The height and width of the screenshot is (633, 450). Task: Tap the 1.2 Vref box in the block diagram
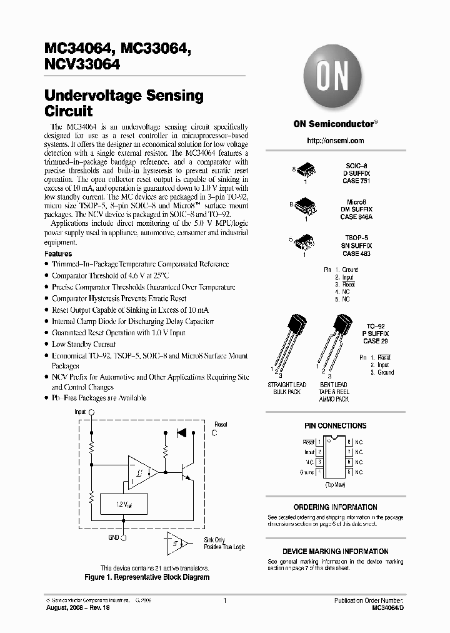124,504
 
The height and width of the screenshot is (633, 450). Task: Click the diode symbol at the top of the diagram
182,432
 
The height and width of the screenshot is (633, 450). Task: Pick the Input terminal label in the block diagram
81,412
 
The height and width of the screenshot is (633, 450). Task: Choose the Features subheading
58,254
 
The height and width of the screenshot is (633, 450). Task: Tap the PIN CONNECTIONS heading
335,426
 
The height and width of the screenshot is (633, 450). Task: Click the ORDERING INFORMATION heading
335,507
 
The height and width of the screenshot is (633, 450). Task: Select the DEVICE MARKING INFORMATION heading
335,552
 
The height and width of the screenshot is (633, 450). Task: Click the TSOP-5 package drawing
304,241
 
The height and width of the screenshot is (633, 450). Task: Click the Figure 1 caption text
147,577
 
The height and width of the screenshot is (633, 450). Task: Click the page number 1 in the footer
224,600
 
